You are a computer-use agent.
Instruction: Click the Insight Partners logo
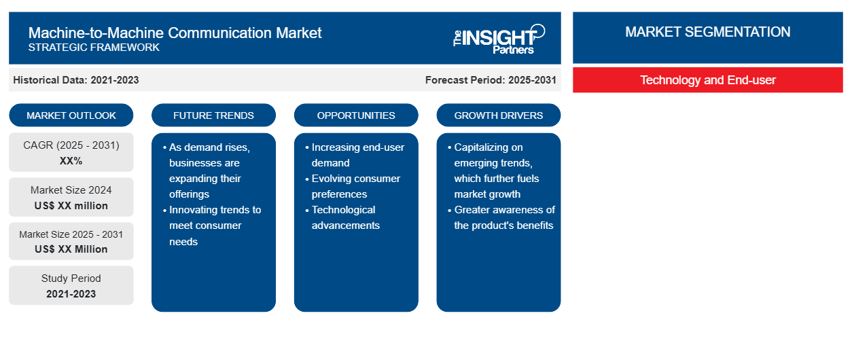[x=499, y=39]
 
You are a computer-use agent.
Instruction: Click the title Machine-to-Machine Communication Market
[x=175, y=33]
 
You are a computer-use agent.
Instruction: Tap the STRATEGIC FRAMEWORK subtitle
[x=94, y=48]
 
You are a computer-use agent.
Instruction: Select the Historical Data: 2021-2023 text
[x=76, y=80]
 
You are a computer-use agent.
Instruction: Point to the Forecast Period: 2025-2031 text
[x=491, y=80]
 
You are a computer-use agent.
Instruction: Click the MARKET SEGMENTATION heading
[x=707, y=32]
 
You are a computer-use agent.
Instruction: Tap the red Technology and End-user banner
[x=708, y=80]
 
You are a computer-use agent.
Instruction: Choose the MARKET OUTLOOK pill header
[x=71, y=115]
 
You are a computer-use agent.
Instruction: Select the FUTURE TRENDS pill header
[x=213, y=115]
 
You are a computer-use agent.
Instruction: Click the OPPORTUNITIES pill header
[x=356, y=115]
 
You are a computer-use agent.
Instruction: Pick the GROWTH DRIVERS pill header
[x=499, y=115]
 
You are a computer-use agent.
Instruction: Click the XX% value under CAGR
[x=71, y=161]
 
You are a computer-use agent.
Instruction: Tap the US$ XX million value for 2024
[x=71, y=206]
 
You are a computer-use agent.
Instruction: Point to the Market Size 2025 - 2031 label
[x=71, y=234]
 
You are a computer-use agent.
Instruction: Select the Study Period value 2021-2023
[x=71, y=294]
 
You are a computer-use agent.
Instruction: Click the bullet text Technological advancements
[x=343, y=217]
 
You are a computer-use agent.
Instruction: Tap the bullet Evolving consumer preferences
[x=353, y=186]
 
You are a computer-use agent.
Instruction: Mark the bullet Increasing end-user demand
[x=355, y=155]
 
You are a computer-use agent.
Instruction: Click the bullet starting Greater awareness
[x=501, y=217]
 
